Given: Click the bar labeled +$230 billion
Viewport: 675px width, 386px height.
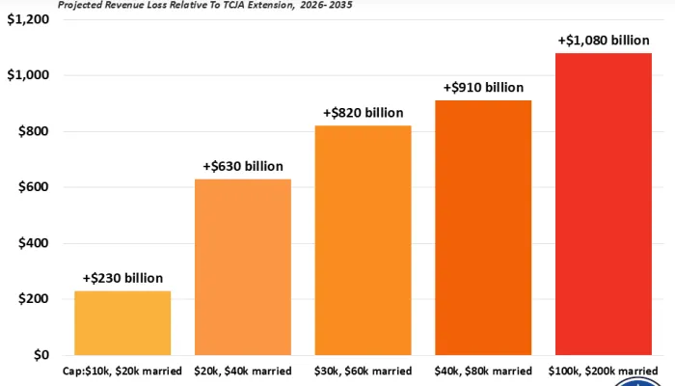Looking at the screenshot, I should pos(122,322).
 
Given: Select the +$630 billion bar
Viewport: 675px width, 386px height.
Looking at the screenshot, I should pos(243,266).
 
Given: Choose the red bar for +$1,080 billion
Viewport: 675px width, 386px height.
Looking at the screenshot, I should pos(604,204).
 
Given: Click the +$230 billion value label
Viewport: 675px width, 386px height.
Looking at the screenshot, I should pos(122,278).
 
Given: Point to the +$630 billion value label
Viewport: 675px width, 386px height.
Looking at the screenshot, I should pos(243,166).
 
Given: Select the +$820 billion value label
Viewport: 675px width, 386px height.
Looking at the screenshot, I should pos(364,112).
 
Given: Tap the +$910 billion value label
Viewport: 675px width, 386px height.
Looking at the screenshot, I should pos(483,87).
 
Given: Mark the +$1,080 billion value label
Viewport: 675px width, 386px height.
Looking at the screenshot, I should pos(604,41).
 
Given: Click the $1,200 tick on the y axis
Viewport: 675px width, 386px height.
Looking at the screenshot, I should pos(29,19).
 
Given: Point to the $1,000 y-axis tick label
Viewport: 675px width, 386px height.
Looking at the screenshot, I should pos(29,75).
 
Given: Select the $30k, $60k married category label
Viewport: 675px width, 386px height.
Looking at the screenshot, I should pos(364,371).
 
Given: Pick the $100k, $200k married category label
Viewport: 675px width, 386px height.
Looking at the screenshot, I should pos(605,371).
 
